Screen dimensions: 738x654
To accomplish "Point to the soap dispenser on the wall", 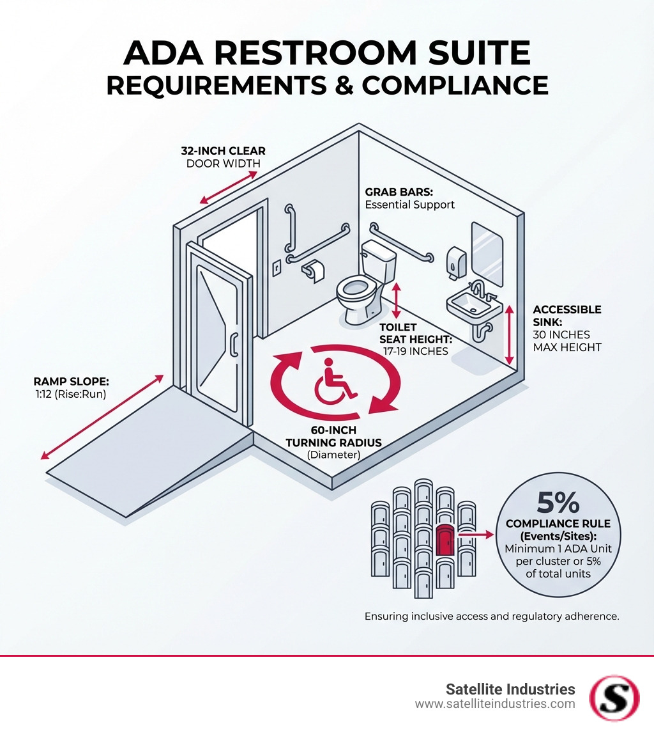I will pyautogui.click(x=455, y=262).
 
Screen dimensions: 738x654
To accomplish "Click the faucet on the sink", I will pyautogui.click(x=479, y=290).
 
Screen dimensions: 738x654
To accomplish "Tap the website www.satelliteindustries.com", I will pyautogui.click(x=495, y=704).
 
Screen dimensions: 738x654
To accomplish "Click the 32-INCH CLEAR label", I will pyautogui.click(x=223, y=151).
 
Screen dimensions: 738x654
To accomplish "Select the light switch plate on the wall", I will pyautogui.click(x=277, y=267).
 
